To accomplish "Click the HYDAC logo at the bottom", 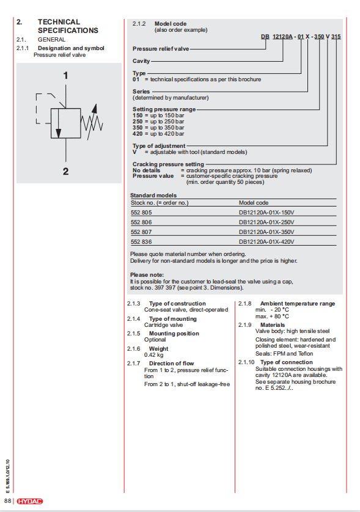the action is (30, 501).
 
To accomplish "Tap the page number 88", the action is (7, 501).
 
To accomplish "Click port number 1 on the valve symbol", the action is (65, 75).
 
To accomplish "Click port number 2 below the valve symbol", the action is (65, 171).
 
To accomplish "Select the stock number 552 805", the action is (141, 213).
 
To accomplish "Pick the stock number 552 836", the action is (141, 242).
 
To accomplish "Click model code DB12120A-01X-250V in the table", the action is (266, 222).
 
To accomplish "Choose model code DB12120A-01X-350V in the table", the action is (266, 232).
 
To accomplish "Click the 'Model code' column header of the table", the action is (254, 203).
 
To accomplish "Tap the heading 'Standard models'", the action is (153, 196).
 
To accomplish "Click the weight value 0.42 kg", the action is (153, 355).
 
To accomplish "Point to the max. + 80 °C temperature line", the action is (272, 316).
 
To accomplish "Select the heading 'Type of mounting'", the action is (173, 319).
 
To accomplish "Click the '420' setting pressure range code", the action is (138, 134).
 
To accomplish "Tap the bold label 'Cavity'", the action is (141, 61).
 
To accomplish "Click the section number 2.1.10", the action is (246, 362).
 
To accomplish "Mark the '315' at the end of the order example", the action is (336, 37).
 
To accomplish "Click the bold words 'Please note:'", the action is (147, 275).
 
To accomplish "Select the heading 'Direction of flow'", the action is (172, 364).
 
